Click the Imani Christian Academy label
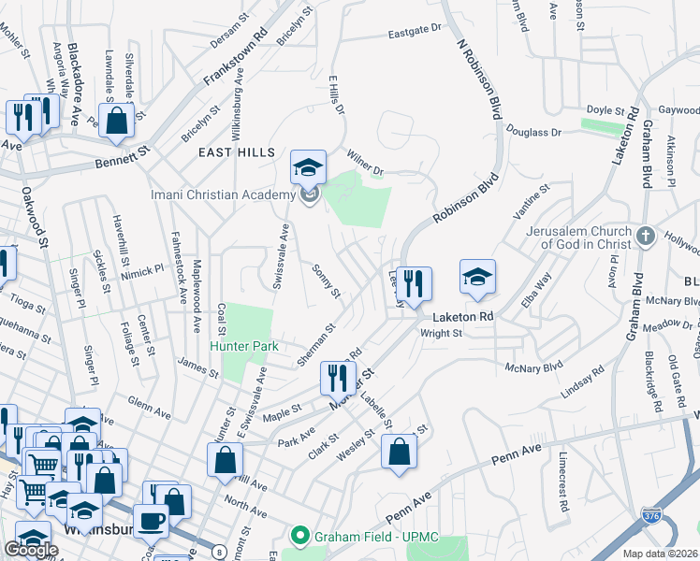[x=225, y=194]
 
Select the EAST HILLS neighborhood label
[x=237, y=151]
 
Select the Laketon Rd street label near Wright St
[x=461, y=317]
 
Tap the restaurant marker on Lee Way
[x=414, y=280]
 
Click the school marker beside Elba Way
[x=477, y=277]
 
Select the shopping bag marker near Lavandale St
[x=117, y=122]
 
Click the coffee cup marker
[x=150, y=521]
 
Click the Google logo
[x=32, y=550]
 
